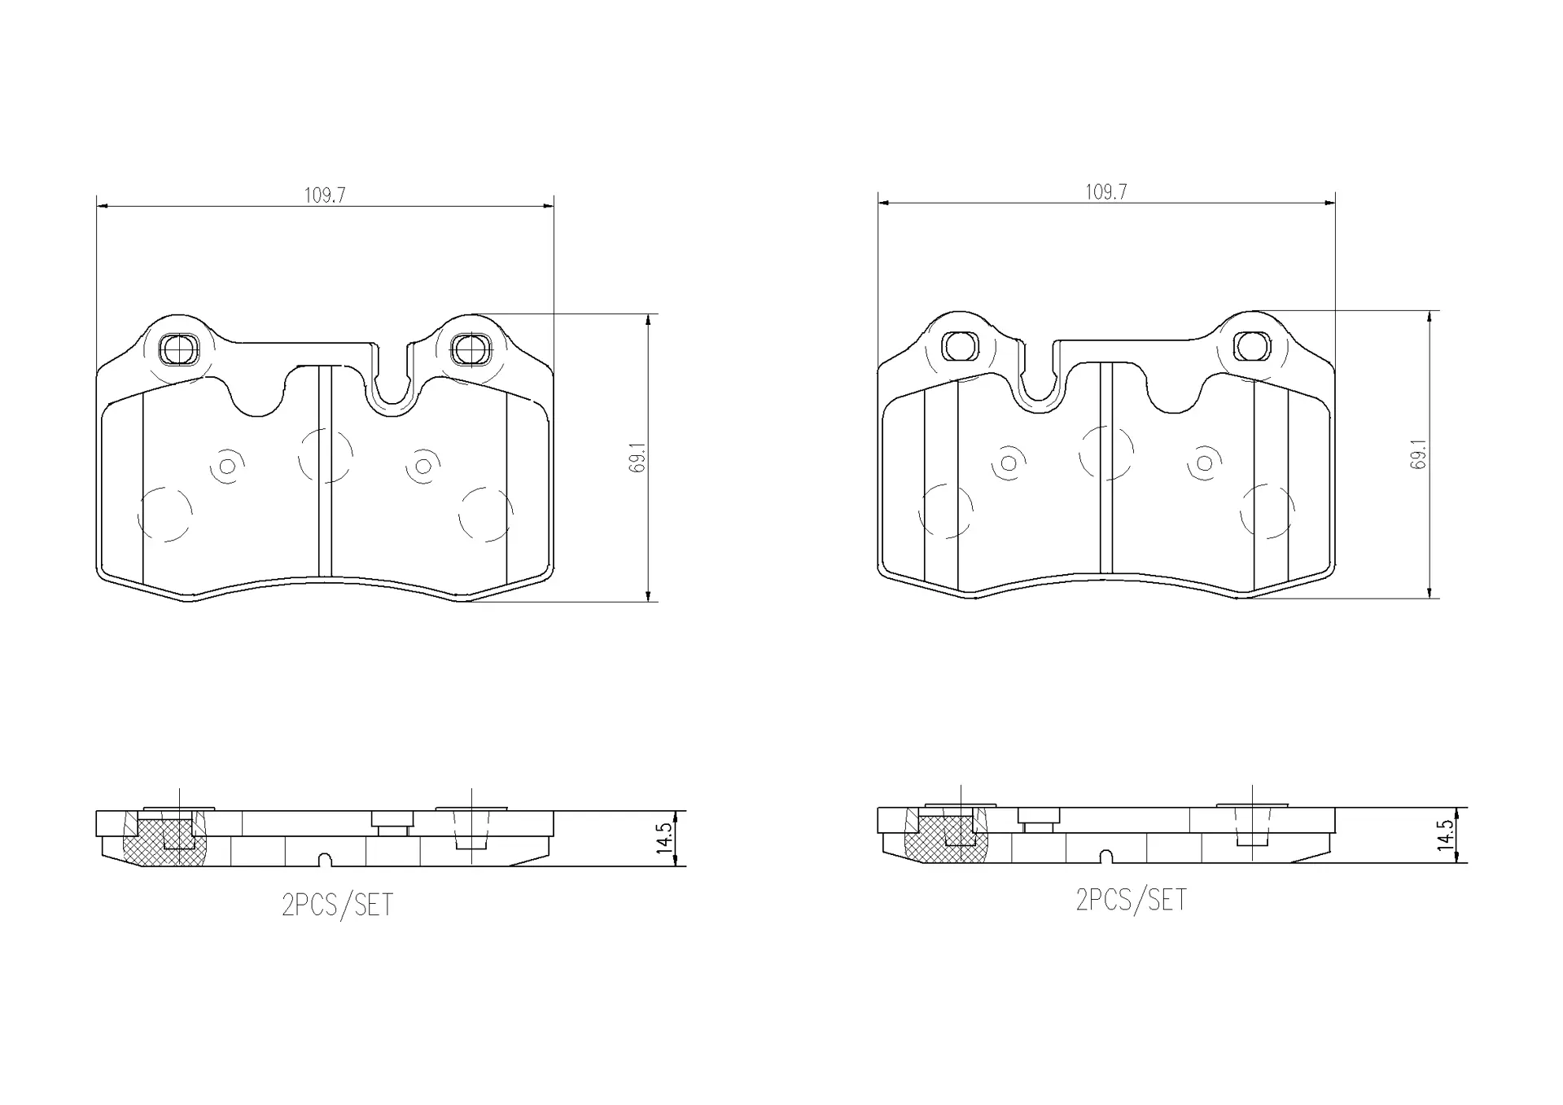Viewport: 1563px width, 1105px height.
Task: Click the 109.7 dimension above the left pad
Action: click(x=325, y=195)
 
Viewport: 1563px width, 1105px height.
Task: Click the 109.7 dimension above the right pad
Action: click(x=1105, y=192)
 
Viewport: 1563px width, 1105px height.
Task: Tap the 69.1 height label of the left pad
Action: click(x=639, y=458)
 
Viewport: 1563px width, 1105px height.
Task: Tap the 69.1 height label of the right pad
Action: click(x=1419, y=454)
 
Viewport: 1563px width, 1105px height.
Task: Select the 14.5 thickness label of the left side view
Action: click(x=664, y=838)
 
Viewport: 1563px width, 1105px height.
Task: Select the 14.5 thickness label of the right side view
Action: click(x=1445, y=835)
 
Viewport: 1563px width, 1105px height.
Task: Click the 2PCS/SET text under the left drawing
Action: click(x=337, y=905)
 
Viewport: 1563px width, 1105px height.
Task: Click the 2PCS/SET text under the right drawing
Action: click(x=1131, y=900)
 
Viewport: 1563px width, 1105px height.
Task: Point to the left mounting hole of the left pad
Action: click(x=178, y=350)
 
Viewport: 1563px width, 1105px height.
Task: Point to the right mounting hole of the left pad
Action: click(x=468, y=350)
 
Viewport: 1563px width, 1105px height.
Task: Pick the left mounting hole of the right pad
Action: click(x=960, y=346)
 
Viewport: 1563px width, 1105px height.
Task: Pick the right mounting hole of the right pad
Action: click(x=1251, y=346)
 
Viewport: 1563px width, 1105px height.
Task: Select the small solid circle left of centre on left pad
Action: click(x=227, y=466)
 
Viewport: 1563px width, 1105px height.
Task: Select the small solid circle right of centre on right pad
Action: click(x=1205, y=463)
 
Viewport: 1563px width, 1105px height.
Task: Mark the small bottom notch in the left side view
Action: click(x=325, y=860)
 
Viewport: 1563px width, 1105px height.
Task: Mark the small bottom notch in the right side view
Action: click(x=1105, y=857)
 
